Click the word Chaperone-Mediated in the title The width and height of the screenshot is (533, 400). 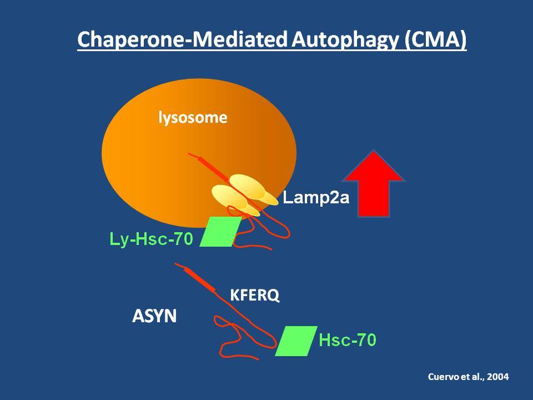(182, 39)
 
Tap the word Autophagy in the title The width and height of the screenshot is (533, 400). (345, 40)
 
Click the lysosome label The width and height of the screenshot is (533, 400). (193, 118)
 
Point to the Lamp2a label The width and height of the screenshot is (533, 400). (316, 198)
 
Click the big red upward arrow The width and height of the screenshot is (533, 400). (374, 184)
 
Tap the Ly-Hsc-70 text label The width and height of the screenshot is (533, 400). (151, 239)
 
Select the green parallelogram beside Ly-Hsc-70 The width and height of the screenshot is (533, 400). (220, 231)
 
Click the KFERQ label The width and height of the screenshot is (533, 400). (255, 295)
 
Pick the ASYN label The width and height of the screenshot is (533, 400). (154, 316)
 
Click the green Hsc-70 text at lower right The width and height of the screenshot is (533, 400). (348, 340)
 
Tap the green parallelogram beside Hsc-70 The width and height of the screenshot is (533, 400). (296, 341)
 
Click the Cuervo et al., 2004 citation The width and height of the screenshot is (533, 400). (469, 377)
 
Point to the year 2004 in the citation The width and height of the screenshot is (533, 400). (498, 377)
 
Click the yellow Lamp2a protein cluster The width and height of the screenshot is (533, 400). (244, 195)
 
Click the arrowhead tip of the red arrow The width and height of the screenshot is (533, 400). (374, 151)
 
